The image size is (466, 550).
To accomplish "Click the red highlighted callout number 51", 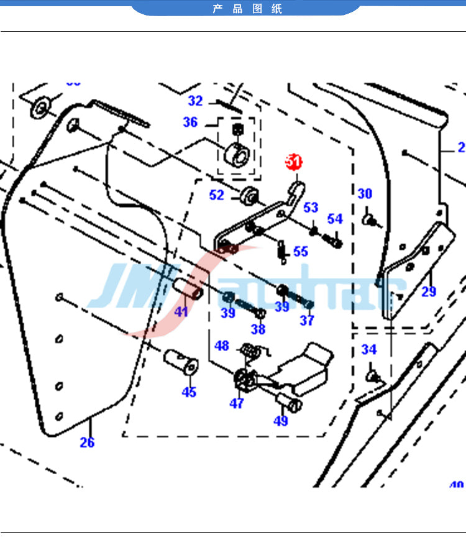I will pyautogui.click(x=293, y=162).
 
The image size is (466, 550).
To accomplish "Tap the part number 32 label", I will pyautogui.click(x=196, y=101).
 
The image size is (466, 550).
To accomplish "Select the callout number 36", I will pyautogui.click(x=190, y=122).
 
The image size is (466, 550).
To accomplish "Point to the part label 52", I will pyautogui.click(x=216, y=195).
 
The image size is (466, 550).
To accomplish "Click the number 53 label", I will pyautogui.click(x=311, y=208).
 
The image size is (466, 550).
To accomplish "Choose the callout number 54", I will pyautogui.click(x=335, y=219).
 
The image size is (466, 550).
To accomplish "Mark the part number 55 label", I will pyautogui.click(x=301, y=252).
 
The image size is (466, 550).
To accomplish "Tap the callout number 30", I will pyautogui.click(x=365, y=194).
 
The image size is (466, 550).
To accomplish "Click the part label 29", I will pyautogui.click(x=429, y=291).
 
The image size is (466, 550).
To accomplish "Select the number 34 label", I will pyautogui.click(x=369, y=350).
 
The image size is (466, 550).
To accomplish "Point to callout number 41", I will pyautogui.click(x=181, y=312).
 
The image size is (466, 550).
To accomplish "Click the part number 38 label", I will pyautogui.click(x=258, y=329).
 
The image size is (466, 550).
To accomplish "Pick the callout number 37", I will pyautogui.click(x=307, y=321).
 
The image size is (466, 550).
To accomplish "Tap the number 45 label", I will pyautogui.click(x=189, y=392).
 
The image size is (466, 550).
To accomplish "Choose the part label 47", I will pyautogui.click(x=237, y=403).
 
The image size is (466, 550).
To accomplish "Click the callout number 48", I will pyautogui.click(x=222, y=346).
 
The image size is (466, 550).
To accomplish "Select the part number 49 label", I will pyautogui.click(x=281, y=421).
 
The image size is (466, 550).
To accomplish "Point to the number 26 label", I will pyautogui.click(x=87, y=442).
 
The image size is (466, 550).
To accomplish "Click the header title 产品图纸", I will pyautogui.click(x=247, y=9).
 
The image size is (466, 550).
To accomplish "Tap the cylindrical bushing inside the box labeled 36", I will pyautogui.click(x=235, y=153).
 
